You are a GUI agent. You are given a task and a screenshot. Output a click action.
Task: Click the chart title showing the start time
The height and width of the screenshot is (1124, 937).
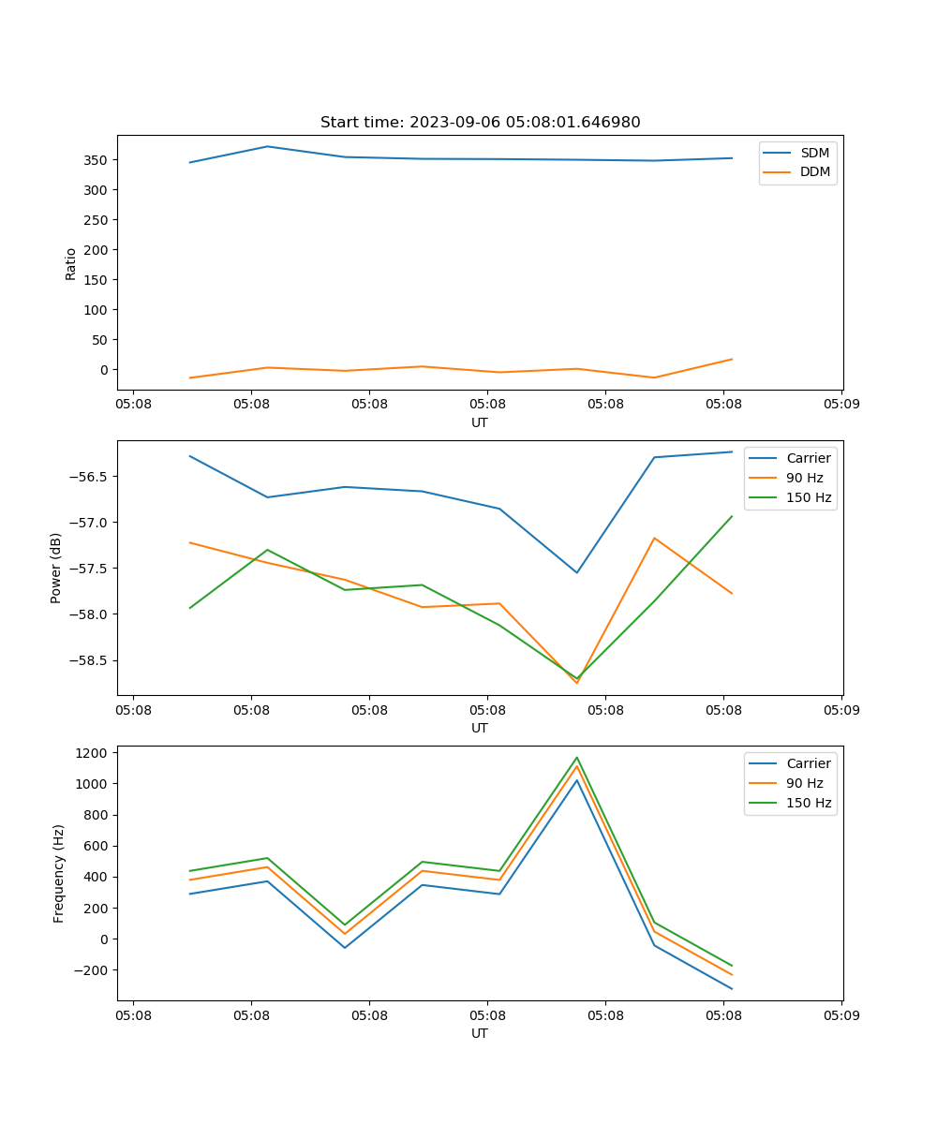pyautogui.click(x=480, y=123)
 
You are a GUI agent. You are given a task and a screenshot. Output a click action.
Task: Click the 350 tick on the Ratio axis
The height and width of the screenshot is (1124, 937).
pyautogui.click(x=97, y=160)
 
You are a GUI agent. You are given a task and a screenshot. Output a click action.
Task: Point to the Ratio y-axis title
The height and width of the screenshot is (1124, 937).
pyautogui.click(x=71, y=262)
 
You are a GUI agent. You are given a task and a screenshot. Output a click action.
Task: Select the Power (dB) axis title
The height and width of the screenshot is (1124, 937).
pyautogui.click(x=56, y=568)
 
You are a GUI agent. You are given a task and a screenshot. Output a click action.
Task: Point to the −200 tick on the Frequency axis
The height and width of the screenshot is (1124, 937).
pyautogui.click(x=92, y=970)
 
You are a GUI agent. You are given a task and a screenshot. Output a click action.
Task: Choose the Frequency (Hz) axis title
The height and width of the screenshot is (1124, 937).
pyautogui.click(x=59, y=873)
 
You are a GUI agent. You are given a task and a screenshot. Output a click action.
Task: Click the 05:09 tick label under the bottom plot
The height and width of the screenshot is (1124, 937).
pyautogui.click(x=840, y=1013)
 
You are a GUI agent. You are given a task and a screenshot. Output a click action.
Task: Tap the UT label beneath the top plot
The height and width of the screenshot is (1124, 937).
pyautogui.click(x=480, y=422)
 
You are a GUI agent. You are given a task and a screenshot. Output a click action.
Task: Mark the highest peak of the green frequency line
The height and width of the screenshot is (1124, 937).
pyautogui.click(x=577, y=758)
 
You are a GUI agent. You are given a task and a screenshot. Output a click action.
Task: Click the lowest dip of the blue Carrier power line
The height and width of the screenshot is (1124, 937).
pyautogui.click(x=577, y=572)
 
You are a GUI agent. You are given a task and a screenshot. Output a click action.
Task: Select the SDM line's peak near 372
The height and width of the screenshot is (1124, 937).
pyautogui.click(x=267, y=146)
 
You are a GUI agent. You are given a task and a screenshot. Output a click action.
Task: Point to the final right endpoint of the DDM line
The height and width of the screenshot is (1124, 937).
pyautogui.click(x=732, y=359)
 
